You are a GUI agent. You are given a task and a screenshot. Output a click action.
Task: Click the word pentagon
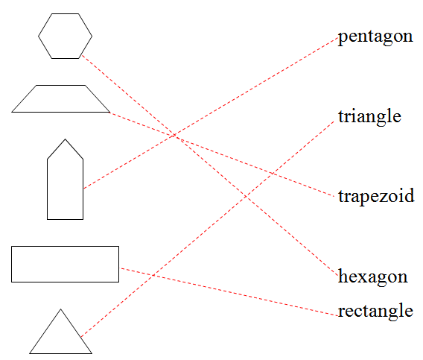coord(375,37)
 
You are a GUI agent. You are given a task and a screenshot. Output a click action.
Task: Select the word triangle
coord(369,117)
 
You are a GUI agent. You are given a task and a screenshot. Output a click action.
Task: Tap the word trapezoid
coord(376,196)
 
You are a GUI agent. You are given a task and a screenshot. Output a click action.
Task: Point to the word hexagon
coord(373,277)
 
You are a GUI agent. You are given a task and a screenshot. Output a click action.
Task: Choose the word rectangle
coord(375,311)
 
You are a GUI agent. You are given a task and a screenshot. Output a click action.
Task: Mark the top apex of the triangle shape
coord(61,309)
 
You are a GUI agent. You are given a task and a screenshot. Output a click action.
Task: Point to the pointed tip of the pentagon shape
coord(65,139)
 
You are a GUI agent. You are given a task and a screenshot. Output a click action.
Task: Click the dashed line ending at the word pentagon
coord(211,113)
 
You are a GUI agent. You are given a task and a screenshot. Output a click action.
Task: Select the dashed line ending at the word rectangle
coord(229,292)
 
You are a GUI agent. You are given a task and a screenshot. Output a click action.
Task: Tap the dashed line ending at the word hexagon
coord(210,165)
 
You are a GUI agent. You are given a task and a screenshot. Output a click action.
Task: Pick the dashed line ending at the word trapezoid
coord(222,154)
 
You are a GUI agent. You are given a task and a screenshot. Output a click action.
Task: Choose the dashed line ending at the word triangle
coord(208,230)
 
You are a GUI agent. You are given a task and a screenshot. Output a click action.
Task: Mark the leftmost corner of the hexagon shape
coord(38,36)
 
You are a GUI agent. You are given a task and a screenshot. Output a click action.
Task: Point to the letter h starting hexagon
coord(343,276)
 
